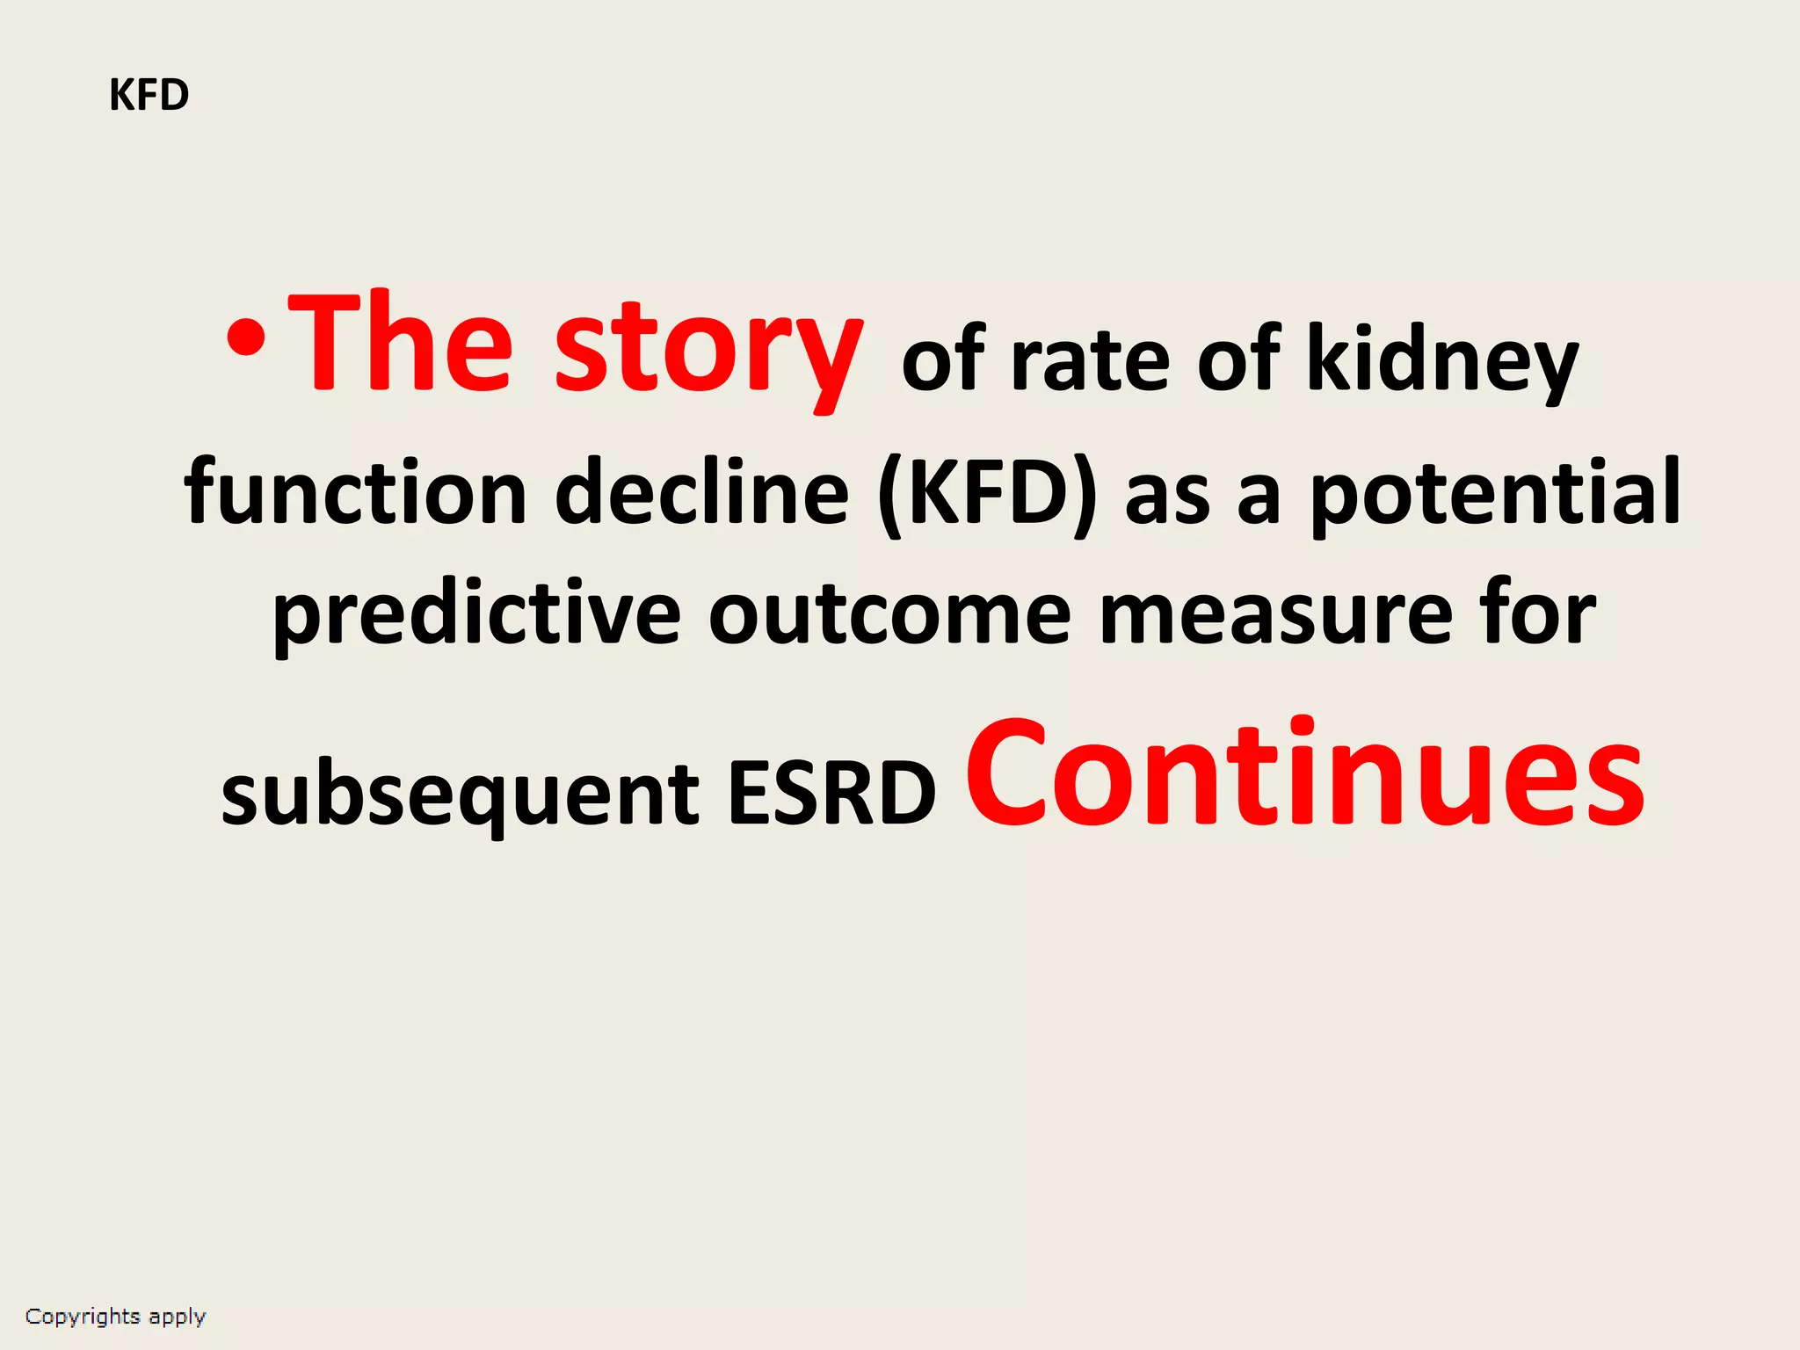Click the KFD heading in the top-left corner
[x=149, y=95]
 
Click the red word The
[x=400, y=343]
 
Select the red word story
[x=708, y=352]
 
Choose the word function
[x=355, y=492]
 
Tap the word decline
[x=702, y=492]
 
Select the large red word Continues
[x=1304, y=773]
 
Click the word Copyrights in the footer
[x=83, y=1317]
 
